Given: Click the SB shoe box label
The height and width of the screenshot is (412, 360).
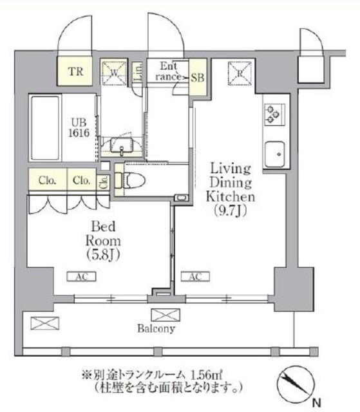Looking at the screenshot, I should pyautogui.click(x=198, y=76).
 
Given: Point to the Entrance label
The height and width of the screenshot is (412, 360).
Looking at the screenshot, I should pyautogui.click(x=168, y=71).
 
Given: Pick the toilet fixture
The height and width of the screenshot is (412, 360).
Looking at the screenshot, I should pyautogui.click(x=133, y=178).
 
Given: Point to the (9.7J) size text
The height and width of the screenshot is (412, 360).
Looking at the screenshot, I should pyautogui.click(x=230, y=209).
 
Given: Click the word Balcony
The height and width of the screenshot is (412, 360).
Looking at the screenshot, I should pyautogui.click(x=155, y=329).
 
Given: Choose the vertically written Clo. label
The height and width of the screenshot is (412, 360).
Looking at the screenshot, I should pyautogui.click(x=104, y=182).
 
